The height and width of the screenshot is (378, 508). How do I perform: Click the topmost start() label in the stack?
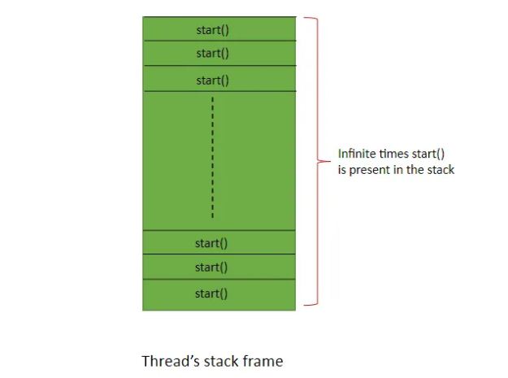[212, 30]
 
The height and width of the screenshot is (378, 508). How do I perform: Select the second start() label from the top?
[212, 54]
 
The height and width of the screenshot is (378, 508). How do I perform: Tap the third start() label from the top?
[212, 80]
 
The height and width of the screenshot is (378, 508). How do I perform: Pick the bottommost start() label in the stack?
[211, 293]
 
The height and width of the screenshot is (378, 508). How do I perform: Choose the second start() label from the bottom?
[211, 267]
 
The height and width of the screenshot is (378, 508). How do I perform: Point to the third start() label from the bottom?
[211, 243]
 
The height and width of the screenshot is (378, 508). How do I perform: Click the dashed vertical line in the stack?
[212, 158]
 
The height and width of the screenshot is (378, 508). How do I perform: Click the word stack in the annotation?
[440, 170]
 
